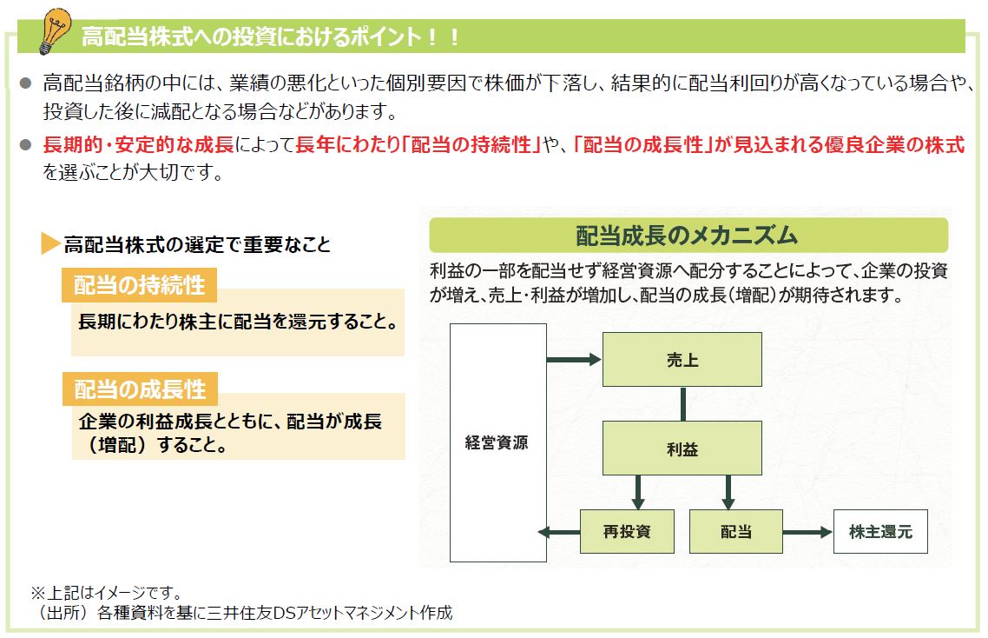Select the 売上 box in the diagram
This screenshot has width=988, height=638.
pyautogui.click(x=682, y=359)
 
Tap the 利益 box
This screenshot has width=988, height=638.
pyautogui.click(x=682, y=449)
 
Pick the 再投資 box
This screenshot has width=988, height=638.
pyautogui.click(x=627, y=531)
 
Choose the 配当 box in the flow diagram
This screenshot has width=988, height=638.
pyautogui.click(x=735, y=531)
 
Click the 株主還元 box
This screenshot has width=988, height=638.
pyautogui.click(x=879, y=531)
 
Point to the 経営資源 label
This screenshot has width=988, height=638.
pyautogui.click(x=497, y=442)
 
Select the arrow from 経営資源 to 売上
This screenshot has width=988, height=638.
pyautogui.click(x=574, y=359)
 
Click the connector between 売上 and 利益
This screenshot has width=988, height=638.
pyautogui.click(x=683, y=403)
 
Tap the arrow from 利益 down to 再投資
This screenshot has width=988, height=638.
pyautogui.click(x=638, y=492)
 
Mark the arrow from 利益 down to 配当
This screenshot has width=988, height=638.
pyautogui.click(x=728, y=492)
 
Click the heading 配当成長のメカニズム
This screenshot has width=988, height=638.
pyautogui.click(x=688, y=236)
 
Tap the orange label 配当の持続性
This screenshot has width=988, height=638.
pyautogui.click(x=139, y=285)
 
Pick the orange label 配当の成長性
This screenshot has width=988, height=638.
pyautogui.click(x=139, y=389)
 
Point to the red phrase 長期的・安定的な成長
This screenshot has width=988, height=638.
pyautogui.click(x=139, y=145)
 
